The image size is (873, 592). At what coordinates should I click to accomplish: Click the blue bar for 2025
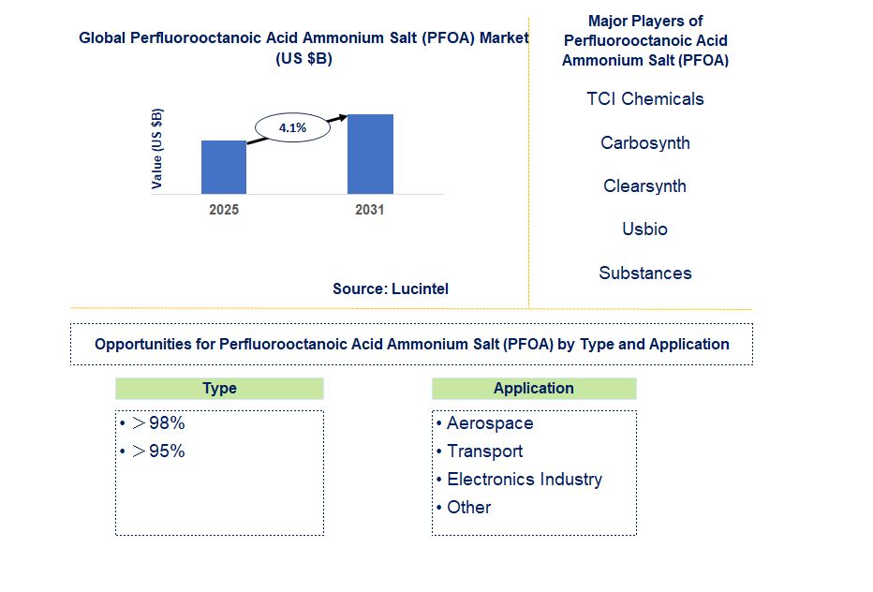[224, 167]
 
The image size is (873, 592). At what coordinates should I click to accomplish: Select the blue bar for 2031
[370, 154]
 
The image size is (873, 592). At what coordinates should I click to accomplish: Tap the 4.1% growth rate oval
[292, 128]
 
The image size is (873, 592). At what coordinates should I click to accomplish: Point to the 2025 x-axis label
[224, 210]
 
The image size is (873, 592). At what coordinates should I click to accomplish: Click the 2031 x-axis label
[370, 210]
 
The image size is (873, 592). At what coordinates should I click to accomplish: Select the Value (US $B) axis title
[157, 149]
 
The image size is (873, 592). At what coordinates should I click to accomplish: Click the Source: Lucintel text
[391, 289]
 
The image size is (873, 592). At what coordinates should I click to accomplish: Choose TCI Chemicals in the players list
[645, 99]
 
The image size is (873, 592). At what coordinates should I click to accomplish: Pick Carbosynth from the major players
[645, 143]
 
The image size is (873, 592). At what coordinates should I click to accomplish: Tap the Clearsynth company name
[645, 186]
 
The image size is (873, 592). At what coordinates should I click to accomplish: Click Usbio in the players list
[645, 229]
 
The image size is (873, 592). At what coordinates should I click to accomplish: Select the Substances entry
[645, 274]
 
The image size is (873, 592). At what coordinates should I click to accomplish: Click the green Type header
[219, 389]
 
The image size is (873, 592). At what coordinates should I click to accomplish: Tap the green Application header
[534, 389]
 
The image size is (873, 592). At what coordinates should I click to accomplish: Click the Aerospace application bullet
[489, 423]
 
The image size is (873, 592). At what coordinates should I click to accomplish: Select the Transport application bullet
[484, 451]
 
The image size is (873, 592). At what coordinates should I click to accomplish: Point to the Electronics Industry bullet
[524, 480]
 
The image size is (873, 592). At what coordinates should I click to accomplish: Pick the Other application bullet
[468, 508]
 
